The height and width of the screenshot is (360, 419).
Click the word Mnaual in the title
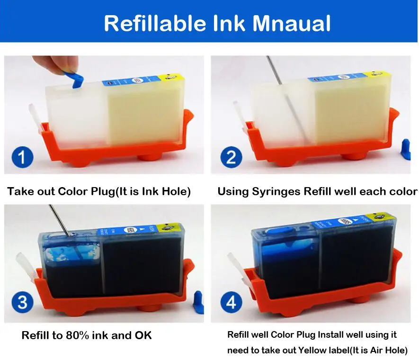click(x=291, y=23)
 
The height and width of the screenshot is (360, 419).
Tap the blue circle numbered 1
click(x=22, y=157)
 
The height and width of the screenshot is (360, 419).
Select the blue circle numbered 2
click(x=231, y=157)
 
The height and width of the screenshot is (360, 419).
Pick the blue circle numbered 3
click(x=22, y=302)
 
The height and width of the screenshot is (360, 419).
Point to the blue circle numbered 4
click(x=231, y=302)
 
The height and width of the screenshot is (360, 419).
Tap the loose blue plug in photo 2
click(x=406, y=149)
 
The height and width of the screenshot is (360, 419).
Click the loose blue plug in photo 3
click(x=198, y=302)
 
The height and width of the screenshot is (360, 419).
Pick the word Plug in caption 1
click(x=103, y=192)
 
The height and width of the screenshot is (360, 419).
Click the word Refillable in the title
click(x=155, y=23)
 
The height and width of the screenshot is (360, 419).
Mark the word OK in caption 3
click(x=143, y=335)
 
